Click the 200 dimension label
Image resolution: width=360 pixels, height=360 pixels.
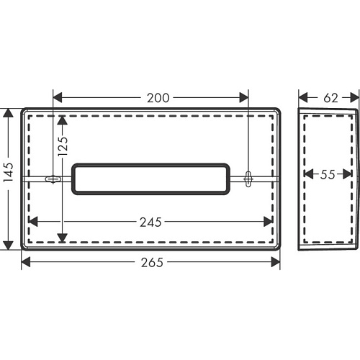[x=158, y=98]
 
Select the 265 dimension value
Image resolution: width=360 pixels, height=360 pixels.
[x=152, y=262]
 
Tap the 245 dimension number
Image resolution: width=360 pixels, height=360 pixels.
[x=150, y=222]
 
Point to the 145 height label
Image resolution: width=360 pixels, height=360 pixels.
[x=9, y=172]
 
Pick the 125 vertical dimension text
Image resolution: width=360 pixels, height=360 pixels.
[x=63, y=146]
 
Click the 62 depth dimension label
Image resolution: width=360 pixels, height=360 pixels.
[x=330, y=98]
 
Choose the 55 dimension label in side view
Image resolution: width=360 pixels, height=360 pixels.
[x=328, y=174]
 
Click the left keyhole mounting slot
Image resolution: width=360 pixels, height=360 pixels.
[x=53, y=179]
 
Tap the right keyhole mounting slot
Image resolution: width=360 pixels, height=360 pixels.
[x=248, y=179]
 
